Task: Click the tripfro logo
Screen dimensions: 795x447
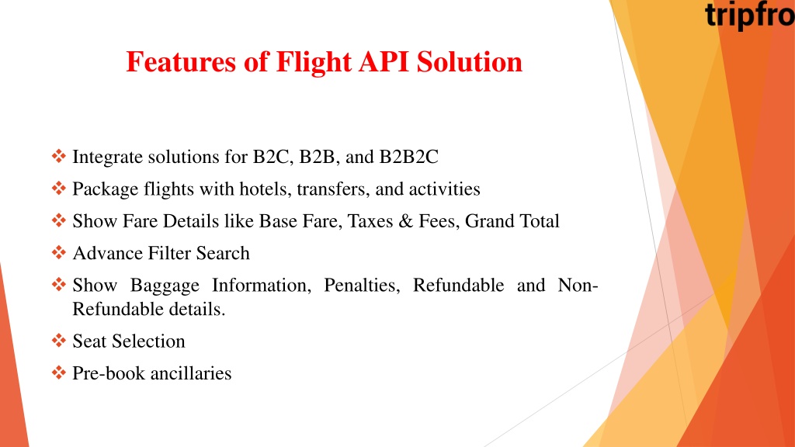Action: pos(750,16)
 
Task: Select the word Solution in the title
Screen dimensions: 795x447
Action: pos(470,62)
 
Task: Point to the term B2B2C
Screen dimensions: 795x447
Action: pos(408,157)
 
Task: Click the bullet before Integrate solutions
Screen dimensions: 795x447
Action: pos(59,156)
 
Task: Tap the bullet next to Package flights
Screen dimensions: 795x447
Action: pos(59,188)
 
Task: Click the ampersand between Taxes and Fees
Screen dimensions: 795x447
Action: pos(405,221)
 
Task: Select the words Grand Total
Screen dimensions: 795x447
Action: pos(512,221)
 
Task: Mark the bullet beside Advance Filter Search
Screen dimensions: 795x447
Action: pos(59,252)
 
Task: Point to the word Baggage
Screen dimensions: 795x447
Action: pos(165,286)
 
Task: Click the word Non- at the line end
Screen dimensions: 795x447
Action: pos(578,286)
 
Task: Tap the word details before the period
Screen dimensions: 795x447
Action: pos(196,309)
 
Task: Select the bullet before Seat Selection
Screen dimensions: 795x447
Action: pos(59,340)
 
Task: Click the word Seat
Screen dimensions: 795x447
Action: pos(90,341)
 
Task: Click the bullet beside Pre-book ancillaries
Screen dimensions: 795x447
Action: pos(59,372)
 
